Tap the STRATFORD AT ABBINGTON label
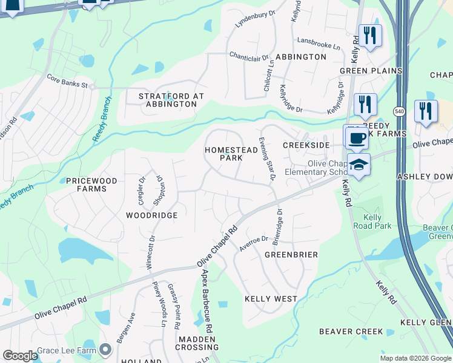(x=171, y=100)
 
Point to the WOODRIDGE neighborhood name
(x=151, y=215)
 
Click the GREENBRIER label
(x=291, y=255)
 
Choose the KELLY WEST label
(x=271, y=299)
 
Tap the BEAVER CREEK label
(x=351, y=332)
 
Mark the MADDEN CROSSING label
(x=197, y=343)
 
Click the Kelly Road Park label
(x=372, y=221)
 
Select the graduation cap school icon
(x=359, y=165)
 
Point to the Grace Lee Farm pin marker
(x=106, y=350)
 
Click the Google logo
(x=20, y=356)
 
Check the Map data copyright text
(x=415, y=358)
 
